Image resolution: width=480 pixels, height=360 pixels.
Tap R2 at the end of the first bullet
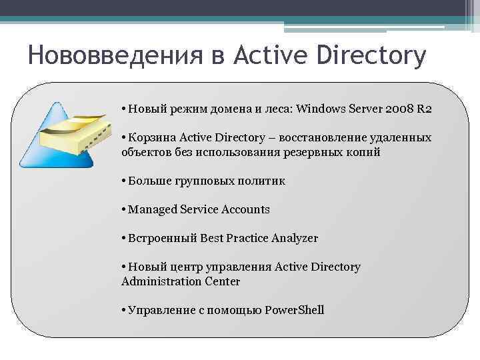pos(424,109)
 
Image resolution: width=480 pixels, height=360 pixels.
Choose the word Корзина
pos(151,137)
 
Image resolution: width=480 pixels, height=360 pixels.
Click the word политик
pos(262,181)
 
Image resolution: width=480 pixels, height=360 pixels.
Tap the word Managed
pos(151,209)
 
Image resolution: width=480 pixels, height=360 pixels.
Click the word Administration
pos(160,281)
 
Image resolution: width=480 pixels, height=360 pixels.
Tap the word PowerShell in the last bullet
pos(294,310)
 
